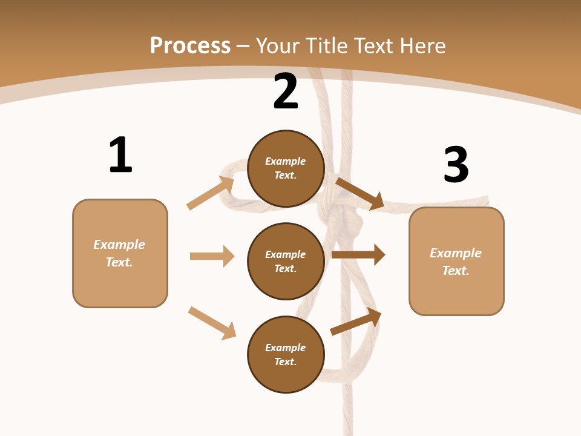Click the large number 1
point(120,155)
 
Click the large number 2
point(286,91)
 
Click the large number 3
point(456,165)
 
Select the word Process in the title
point(190,45)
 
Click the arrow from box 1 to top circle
point(211,193)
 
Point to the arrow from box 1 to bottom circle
point(212,323)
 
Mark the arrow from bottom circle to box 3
point(356,322)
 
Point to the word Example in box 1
point(119,245)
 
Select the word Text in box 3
point(455,271)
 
